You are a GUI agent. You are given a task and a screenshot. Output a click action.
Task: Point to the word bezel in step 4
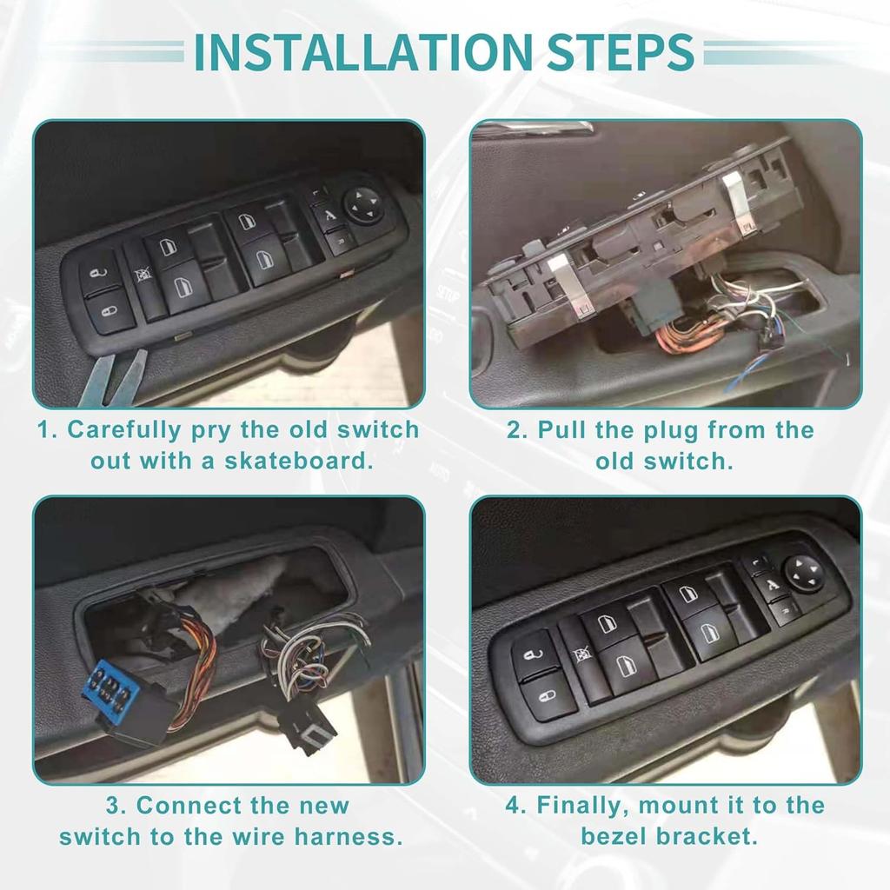617,837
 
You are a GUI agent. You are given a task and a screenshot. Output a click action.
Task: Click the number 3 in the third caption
118,806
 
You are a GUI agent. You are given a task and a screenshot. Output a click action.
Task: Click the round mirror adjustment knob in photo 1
363,206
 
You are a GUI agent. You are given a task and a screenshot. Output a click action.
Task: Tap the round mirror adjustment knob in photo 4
803,573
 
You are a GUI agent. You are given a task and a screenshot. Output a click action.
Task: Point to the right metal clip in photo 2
740,205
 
